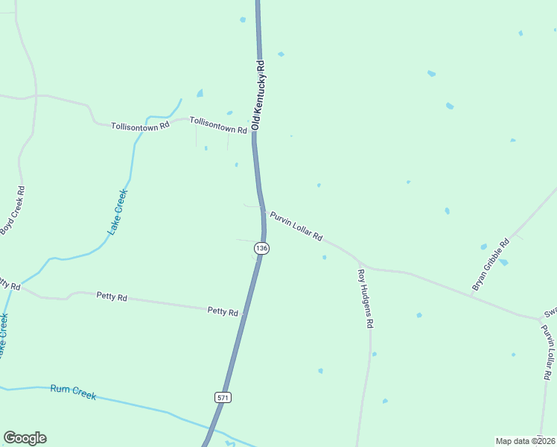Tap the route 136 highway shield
(261, 247)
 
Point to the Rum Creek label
(73, 392)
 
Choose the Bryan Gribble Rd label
(491, 264)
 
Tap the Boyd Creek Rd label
(13, 210)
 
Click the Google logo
(25, 438)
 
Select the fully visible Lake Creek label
(118, 212)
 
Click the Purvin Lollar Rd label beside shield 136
(296, 226)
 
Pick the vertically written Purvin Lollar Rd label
(549, 352)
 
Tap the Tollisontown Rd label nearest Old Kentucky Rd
(217, 124)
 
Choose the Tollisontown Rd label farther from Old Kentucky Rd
(140, 126)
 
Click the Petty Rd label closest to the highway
(223, 311)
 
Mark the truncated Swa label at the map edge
(550, 312)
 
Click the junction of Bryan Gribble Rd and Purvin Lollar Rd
(471, 296)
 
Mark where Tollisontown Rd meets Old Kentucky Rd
(253, 135)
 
